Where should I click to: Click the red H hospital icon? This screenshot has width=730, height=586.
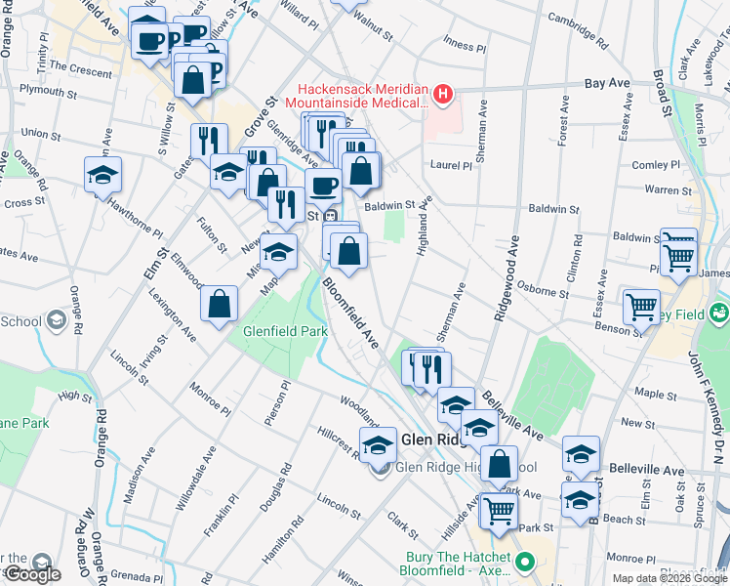click(444, 95)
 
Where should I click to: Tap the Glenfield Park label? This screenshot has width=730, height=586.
click(285, 332)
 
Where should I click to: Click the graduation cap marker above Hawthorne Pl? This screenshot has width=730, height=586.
click(102, 175)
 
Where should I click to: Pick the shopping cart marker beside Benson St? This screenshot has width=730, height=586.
click(642, 307)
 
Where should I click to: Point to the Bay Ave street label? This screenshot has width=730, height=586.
click(606, 84)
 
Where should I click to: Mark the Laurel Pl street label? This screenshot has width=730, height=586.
click(452, 166)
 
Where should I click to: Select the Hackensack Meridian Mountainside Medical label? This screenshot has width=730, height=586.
click(363, 95)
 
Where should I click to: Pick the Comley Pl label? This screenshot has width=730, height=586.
click(656, 166)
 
